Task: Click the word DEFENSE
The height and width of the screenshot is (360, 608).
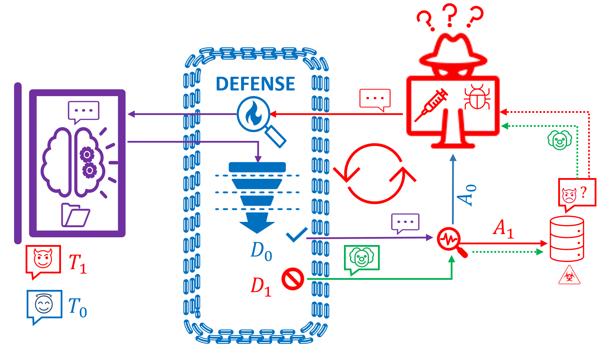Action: pyautogui.click(x=255, y=84)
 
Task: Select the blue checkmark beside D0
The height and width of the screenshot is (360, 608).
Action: pyautogui.click(x=297, y=235)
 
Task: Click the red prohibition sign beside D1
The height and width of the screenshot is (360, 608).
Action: pyautogui.click(x=293, y=279)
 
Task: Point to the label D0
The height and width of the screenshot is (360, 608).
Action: pyautogui.click(x=261, y=251)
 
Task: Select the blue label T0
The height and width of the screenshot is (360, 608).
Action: pyautogui.click(x=77, y=307)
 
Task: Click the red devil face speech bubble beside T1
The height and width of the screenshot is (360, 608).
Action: pyautogui.click(x=43, y=261)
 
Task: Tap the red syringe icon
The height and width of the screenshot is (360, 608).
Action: pyautogui.click(x=431, y=105)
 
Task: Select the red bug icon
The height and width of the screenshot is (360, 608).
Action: pyautogui.click(x=477, y=97)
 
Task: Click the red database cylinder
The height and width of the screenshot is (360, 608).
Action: pyautogui.click(x=567, y=239)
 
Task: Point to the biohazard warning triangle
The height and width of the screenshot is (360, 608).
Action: pyautogui.click(x=569, y=275)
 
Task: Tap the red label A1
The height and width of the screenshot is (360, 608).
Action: pyautogui.click(x=504, y=229)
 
